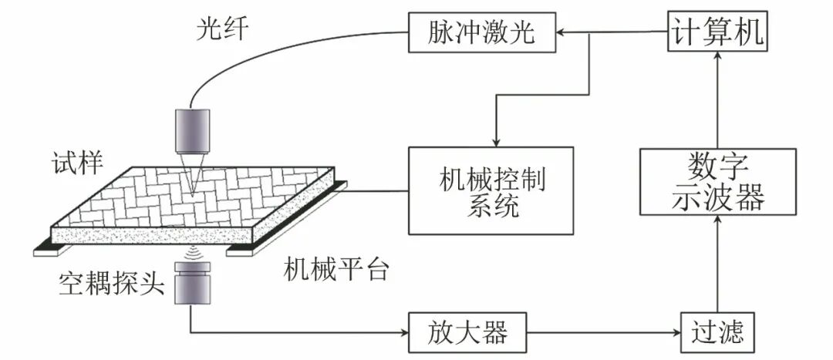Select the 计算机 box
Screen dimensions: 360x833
(x=717, y=33)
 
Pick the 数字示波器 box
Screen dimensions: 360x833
(x=717, y=182)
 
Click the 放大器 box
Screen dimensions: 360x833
(x=467, y=332)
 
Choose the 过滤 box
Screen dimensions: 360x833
(x=717, y=332)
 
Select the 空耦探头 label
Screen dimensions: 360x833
(x=112, y=284)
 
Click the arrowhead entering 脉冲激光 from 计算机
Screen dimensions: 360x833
(x=561, y=33)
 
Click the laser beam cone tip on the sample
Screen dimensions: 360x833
(x=192, y=189)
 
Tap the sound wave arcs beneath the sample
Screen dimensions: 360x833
(x=190, y=252)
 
